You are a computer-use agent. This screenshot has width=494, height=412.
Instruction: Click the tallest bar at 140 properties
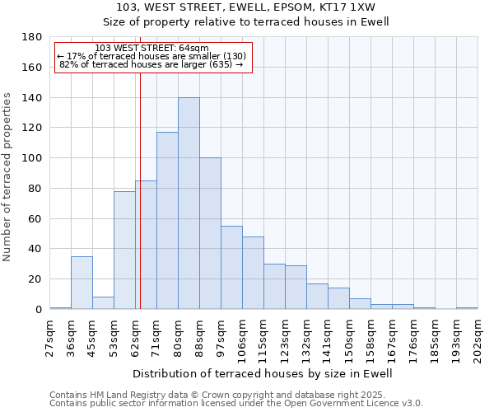[x=189, y=204]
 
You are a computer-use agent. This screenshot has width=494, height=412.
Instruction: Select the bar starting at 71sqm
[x=167, y=221]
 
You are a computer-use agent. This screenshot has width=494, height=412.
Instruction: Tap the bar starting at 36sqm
[x=82, y=283]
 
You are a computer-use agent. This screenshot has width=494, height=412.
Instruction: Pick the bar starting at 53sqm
[x=124, y=250]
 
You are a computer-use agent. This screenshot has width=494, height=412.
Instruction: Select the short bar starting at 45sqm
[x=103, y=302]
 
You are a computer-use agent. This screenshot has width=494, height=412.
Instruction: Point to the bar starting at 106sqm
[x=253, y=273]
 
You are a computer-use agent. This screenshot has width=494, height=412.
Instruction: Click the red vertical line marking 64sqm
[x=140, y=190]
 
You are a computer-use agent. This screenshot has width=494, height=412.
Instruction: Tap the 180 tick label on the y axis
[x=32, y=37]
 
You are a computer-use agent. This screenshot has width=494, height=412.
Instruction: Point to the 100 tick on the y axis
[x=32, y=158]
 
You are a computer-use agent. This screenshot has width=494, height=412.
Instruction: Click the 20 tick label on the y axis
[x=35, y=279]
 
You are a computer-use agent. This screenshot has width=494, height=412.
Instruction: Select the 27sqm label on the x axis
[x=50, y=336]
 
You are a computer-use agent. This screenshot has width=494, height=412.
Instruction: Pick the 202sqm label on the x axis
[x=478, y=336]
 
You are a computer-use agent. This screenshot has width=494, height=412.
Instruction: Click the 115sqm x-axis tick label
[x=264, y=336]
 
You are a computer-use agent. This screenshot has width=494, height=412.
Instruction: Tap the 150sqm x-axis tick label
[x=350, y=336]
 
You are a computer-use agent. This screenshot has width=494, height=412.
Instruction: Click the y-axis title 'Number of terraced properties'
[x=7, y=176]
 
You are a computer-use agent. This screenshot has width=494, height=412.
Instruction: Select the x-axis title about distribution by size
[x=263, y=373]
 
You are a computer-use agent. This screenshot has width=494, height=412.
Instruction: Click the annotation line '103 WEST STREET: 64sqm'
[x=151, y=49]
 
